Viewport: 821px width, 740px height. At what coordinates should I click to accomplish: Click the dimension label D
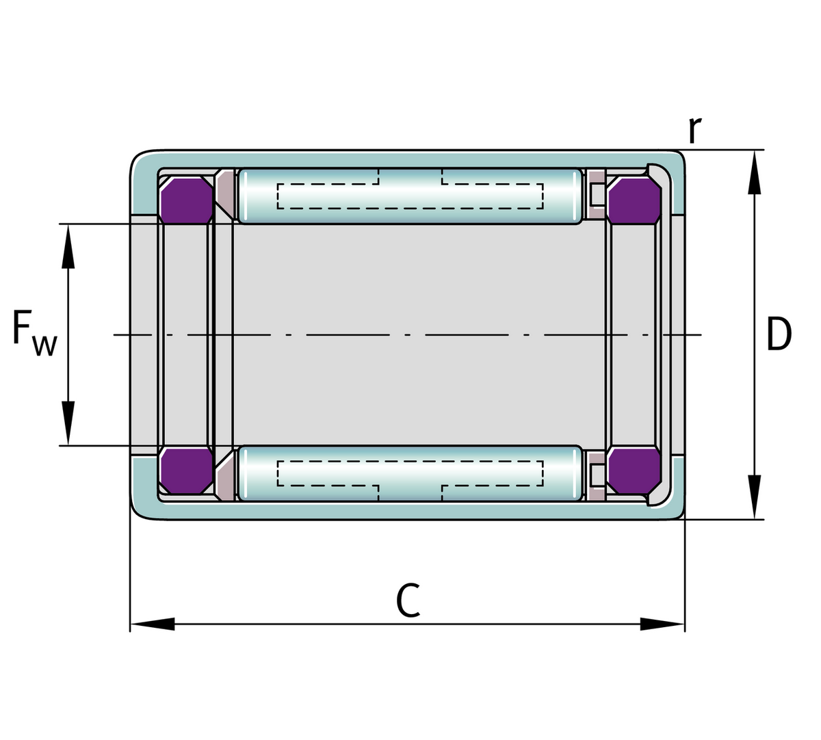[x=779, y=334]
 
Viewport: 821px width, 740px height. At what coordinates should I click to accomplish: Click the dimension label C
[x=408, y=600]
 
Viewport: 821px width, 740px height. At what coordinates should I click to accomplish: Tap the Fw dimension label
[x=35, y=334]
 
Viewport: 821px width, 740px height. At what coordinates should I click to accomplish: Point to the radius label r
[x=695, y=130]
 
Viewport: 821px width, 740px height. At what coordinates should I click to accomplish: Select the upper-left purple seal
[x=186, y=200]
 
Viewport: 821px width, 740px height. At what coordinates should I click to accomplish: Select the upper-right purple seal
[x=634, y=200]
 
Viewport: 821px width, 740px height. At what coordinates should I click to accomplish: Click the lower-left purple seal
[x=186, y=471]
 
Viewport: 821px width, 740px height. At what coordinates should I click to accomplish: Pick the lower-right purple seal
[x=634, y=471]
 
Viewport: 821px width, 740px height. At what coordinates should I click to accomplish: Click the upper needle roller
[x=410, y=196]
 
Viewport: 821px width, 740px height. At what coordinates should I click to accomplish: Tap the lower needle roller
[x=410, y=473]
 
